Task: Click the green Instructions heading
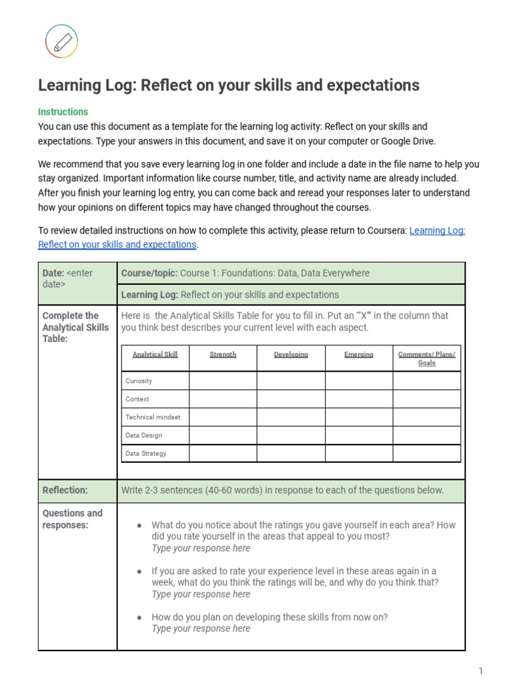63,111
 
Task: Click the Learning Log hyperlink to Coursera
437,230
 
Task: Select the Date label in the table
53,273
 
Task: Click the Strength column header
223,354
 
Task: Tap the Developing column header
291,354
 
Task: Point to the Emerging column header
359,354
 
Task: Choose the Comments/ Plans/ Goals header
426,358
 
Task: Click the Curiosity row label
139,381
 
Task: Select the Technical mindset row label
153,417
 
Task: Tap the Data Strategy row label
146,453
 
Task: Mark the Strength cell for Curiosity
223,381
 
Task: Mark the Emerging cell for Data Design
359,435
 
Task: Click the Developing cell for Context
291,399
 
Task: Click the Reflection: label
65,491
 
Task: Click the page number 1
481,671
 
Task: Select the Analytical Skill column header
155,354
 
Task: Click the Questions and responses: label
72,519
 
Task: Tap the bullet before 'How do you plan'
139,617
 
